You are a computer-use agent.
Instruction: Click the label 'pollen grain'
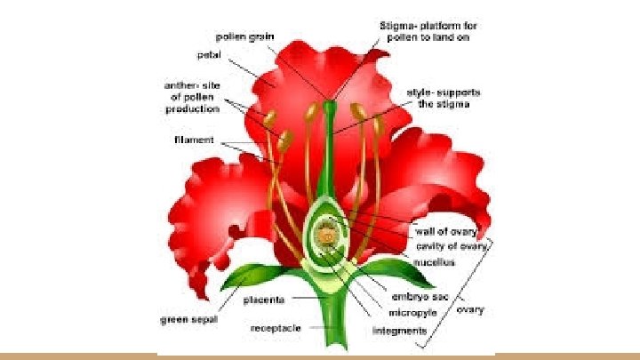click(x=245, y=36)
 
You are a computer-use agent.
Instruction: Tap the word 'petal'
click(x=209, y=54)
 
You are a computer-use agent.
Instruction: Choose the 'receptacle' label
click(x=276, y=328)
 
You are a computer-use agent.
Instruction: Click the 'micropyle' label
click(x=410, y=312)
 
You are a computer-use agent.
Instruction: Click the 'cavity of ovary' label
click(x=451, y=245)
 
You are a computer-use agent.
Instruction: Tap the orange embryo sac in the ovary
click(x=327, y=237)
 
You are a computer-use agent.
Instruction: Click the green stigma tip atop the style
click(x=330, y=106)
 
